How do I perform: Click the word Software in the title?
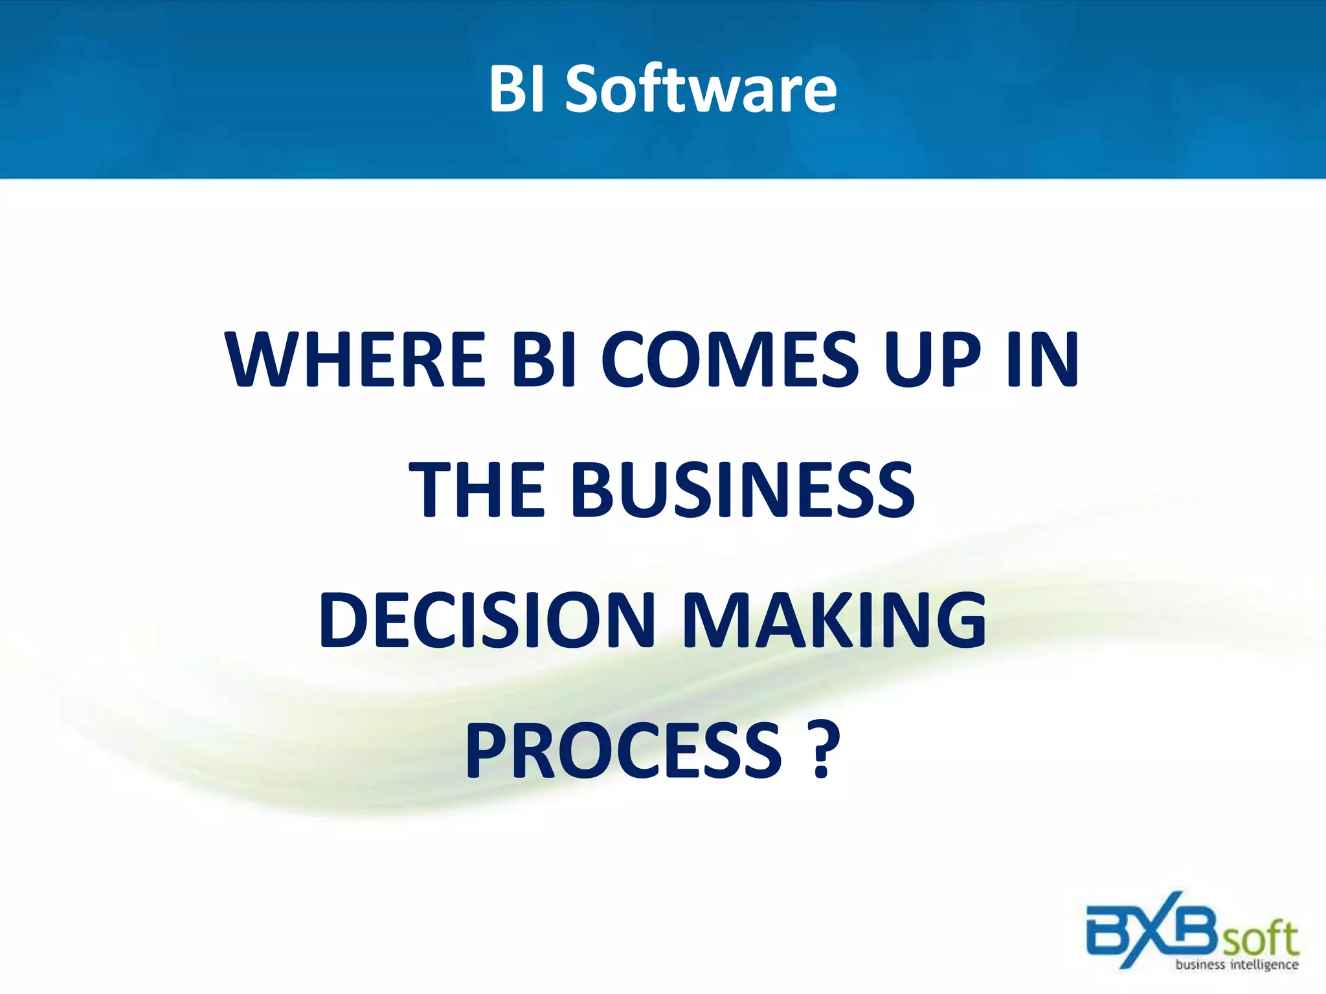click(x=701, y=89)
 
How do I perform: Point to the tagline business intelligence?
click(x=1237, y=965)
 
